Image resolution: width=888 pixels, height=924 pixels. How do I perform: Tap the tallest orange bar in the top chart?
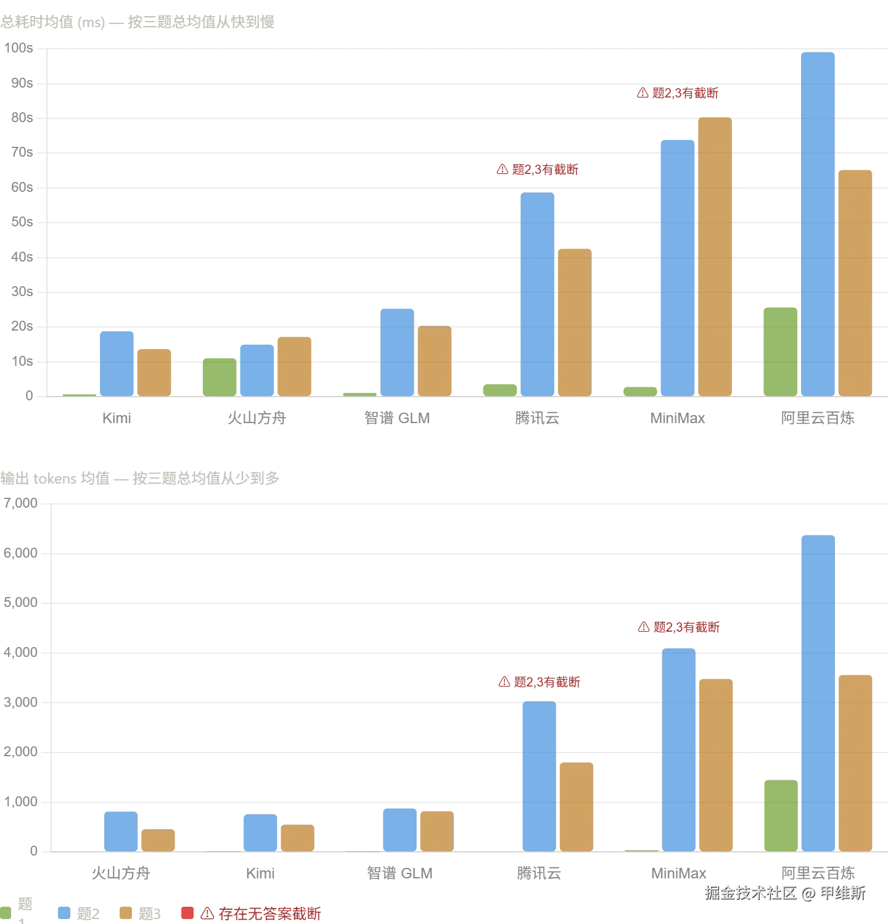[715, 257]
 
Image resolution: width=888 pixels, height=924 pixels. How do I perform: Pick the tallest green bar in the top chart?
[781, 352]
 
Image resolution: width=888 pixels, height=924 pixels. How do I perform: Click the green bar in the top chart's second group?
[220, 377]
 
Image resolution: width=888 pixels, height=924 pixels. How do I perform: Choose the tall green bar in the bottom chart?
[781, 815]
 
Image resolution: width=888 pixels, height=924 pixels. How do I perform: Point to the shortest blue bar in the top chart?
[257, 370]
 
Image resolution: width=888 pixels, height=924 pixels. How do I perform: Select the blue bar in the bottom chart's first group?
[121, 830]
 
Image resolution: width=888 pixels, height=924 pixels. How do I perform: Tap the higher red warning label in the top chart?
[678, 93]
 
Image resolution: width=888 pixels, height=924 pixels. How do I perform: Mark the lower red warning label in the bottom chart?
[540, 683]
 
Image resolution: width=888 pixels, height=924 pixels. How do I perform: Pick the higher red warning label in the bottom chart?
[678, 628]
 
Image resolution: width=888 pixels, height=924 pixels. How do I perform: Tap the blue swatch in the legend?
[64, 913]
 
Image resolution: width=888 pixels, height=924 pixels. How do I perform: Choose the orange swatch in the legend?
[126, 913]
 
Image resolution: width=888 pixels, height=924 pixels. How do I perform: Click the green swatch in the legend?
[7, 913]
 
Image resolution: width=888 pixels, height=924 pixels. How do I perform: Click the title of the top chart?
[138, 23]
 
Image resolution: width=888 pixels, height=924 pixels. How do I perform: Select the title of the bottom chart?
[140, 478]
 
